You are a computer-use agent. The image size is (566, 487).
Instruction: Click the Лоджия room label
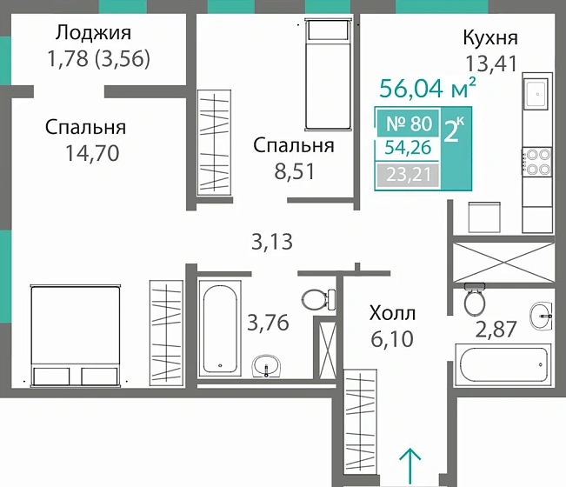[x=93, y=34]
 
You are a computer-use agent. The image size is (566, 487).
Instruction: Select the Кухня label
[x=490, y=38]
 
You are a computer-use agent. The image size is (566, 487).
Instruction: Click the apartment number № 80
[x=408, y=123]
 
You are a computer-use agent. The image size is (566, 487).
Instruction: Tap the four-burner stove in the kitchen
[x=535, y=163]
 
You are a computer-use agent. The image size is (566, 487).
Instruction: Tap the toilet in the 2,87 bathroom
[x=474, y=301]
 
